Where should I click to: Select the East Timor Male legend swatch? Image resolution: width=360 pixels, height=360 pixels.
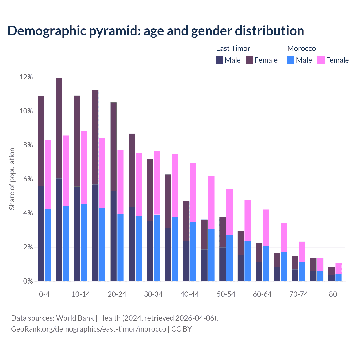click(219, 60)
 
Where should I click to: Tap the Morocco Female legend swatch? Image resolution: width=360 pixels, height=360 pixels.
click(321, 60)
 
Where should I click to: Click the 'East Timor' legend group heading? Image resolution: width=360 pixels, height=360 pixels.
click(233, 48)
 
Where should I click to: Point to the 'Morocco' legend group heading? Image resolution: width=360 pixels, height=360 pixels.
click(301, 48)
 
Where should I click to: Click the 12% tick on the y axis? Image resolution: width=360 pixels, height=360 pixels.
click(26, 77)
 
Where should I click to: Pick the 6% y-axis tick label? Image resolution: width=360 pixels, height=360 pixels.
click(28, 179)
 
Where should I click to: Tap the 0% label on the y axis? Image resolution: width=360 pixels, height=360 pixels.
click(28, 281)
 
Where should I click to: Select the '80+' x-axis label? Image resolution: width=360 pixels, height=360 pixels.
click(335, 294)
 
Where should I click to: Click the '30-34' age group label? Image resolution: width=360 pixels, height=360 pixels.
click(153, 294)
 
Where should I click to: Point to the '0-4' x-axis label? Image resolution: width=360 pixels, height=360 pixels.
click(44, 294)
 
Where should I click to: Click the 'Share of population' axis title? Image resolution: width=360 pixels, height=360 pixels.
click(12, 179)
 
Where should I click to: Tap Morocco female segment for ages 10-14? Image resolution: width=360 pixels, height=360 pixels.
click(84, 167)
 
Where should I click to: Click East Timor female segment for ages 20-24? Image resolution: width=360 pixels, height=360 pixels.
click(113, 147)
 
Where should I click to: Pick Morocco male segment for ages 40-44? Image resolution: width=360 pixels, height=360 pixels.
click(193, 251)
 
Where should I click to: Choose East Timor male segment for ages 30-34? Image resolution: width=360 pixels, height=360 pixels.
click(150, 251)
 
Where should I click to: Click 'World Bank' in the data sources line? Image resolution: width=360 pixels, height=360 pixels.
click(75, 318)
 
